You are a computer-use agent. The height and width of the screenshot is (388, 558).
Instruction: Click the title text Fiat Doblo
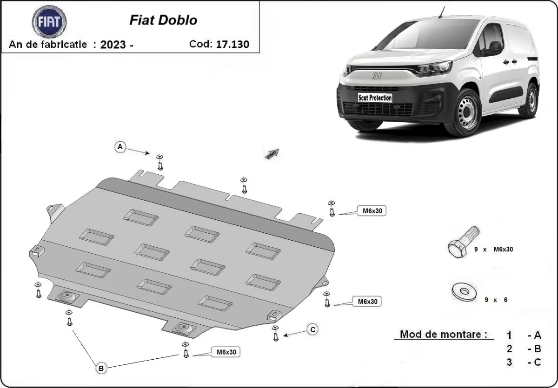[x=163, y=20]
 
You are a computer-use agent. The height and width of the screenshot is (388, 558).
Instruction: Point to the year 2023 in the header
[x=113, y=45]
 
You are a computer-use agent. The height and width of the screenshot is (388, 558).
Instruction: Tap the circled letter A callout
[x=120, y=147]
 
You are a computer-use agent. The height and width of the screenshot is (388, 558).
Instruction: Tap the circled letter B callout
[x=101, y=368]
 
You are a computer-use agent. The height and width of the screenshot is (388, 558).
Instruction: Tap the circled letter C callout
[x=313, y=329]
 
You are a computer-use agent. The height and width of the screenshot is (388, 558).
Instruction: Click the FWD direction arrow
[x=272, y=153]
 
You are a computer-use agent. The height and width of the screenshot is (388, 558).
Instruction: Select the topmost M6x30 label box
[x=371, y=211]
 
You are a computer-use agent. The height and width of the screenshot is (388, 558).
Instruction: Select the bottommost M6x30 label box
[x=226, y=352]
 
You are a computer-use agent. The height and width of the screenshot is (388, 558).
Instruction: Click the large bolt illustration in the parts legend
[x=462, y=242]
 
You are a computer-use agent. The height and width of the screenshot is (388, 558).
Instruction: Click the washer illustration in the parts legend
[x=463, y=292]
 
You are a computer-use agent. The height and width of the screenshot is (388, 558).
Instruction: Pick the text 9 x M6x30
[x=493, y=249]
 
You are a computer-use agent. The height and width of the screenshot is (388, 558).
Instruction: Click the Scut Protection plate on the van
[x=374, y=98]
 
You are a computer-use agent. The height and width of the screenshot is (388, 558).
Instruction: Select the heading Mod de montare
[x=444, y=334]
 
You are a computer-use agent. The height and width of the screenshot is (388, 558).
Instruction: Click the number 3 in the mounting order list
[x=510, y=362]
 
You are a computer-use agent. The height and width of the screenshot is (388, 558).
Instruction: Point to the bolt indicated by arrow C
[x=275, y=335]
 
